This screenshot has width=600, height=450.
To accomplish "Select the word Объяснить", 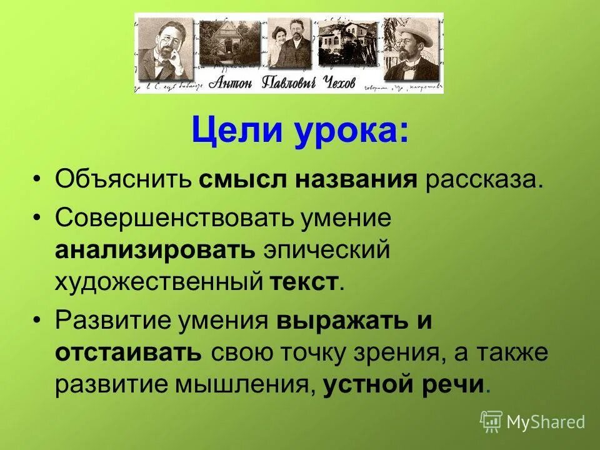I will click(122, 181).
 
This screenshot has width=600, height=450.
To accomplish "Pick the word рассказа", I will click(479, 181).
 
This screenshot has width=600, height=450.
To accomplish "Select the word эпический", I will click(326, 249).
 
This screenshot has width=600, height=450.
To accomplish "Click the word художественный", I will click(159, 281).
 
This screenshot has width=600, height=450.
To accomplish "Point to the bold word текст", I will click(304, 281).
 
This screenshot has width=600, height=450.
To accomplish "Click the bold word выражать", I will click(334, 321).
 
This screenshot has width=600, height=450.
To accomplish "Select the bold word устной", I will click(364, 384).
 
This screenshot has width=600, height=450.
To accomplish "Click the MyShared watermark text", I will click(545, 422).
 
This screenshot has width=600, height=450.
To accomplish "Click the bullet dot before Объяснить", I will click(39, 181).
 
